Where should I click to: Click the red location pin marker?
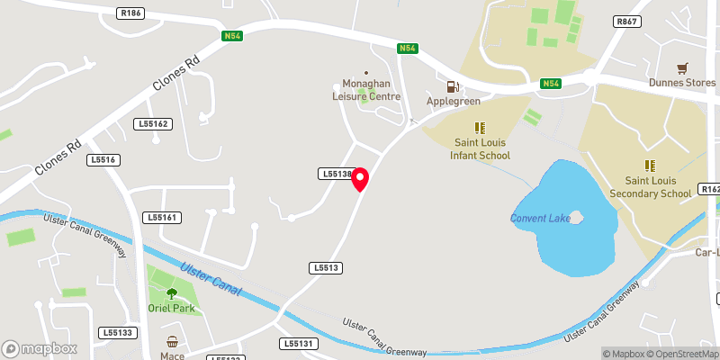point(361,178)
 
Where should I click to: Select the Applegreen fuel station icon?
point(452,86)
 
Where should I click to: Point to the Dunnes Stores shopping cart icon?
point(682,68)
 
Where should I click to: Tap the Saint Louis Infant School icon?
point(480,128)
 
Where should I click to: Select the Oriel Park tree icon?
point(172,292)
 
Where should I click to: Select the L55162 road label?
point(153,123)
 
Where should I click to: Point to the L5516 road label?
point(103,159)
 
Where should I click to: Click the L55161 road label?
point(163,218)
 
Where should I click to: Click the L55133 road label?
point(118,333)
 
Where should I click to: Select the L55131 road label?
point(298,344)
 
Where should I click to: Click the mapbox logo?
point(40,348)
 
